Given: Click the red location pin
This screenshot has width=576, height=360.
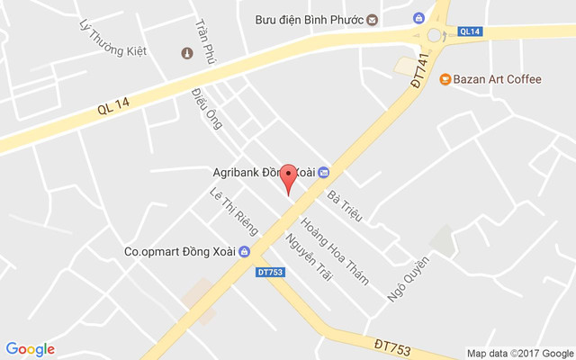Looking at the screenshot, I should click(288, 177).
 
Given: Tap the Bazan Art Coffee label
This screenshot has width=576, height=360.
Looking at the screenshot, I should click(497, 79).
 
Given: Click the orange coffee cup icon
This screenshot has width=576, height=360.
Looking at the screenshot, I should click(445, 79).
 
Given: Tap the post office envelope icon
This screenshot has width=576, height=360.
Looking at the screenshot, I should click(373, 20).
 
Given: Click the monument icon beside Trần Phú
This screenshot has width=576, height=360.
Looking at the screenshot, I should click(187, 54).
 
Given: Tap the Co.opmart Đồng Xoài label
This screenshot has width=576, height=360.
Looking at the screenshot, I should click(180, 252).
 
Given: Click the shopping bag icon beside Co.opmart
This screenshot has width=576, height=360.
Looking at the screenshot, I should click(244, 252).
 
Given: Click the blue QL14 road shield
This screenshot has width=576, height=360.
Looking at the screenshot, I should click(469, 31).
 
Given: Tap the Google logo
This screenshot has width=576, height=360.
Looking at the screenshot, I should click(30, 349).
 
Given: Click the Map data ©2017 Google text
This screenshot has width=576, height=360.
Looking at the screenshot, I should click(519, 353).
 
